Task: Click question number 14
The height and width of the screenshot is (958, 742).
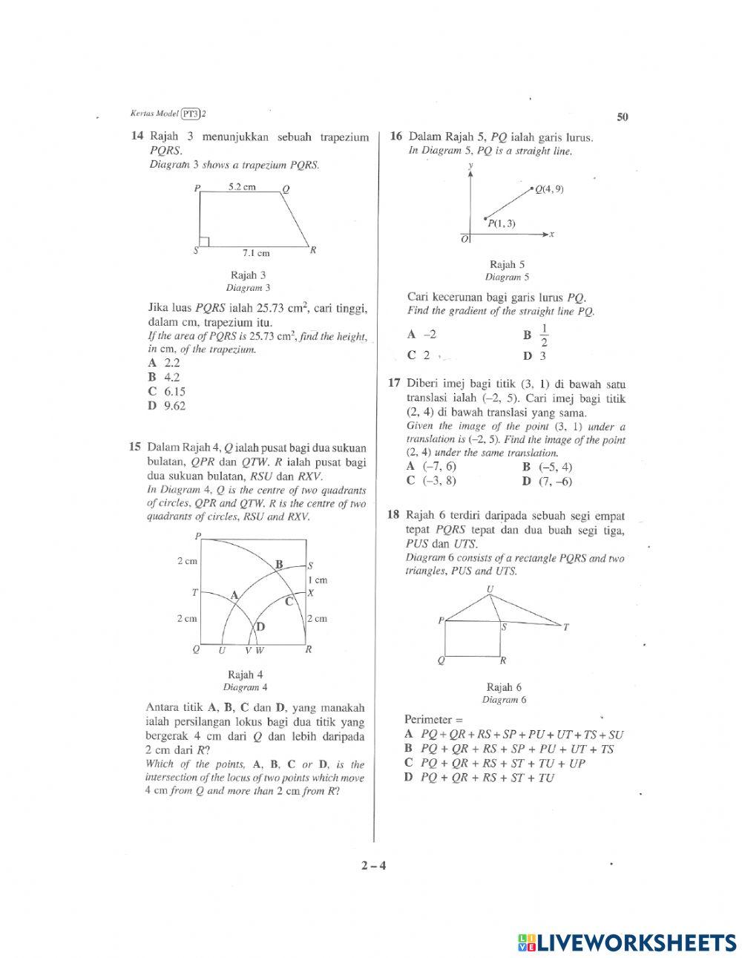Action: (136, 137)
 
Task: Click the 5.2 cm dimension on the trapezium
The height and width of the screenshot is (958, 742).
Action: (242, 187)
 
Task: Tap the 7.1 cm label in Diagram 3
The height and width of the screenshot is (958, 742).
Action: (256, 253)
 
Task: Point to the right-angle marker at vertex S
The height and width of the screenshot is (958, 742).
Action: (205, 242)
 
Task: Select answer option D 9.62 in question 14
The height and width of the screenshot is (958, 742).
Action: (167, 406)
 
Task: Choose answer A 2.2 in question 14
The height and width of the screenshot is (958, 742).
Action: (164, 363)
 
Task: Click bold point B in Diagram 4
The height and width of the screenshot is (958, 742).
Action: (279, 564)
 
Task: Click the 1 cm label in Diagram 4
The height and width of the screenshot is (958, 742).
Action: (318, 580)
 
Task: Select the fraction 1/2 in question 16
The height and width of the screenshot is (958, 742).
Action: (544, 335)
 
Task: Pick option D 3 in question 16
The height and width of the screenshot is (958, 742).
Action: (535, 356)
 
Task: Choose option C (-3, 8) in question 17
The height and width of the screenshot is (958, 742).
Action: (432, 481)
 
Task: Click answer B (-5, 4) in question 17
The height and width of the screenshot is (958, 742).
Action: (548, 467)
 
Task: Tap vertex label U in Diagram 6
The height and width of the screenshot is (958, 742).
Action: (490, 589)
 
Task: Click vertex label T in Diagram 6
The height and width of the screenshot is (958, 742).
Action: (565, 628)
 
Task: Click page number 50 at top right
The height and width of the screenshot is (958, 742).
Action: (623, 117)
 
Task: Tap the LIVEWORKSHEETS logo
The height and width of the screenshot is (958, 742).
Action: (628, 942)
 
